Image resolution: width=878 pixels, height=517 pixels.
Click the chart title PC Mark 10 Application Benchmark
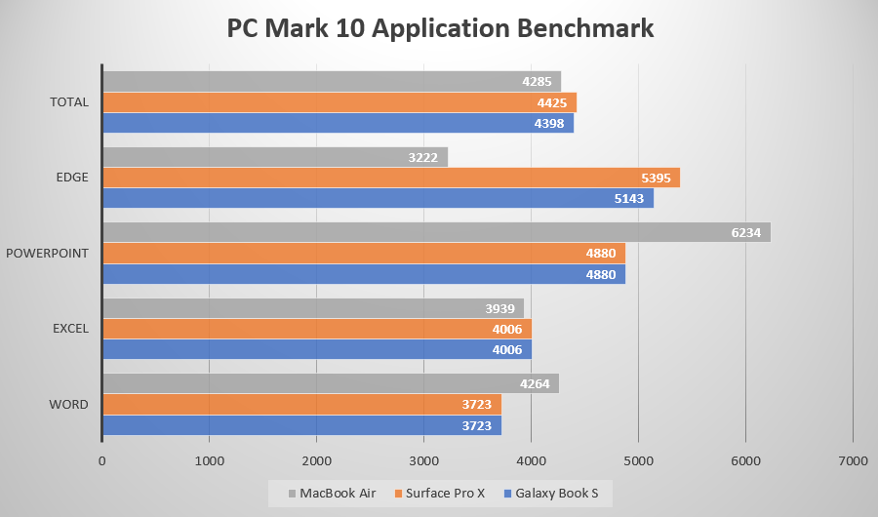[x=440, y=28]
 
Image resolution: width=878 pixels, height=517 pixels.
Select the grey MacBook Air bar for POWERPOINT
[x=436, y=232]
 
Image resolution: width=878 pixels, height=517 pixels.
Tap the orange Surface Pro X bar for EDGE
[x=391, y=178]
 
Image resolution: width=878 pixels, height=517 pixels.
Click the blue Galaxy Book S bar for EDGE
[x=378, y=198]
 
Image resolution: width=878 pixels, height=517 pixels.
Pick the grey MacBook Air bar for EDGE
[x=275, y=157]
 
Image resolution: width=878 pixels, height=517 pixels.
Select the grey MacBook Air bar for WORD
[x=331, y=383]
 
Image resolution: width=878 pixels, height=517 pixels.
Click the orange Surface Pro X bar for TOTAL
[x=339, y=102]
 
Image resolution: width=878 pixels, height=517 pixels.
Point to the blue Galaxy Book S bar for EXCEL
[x=317, y=349]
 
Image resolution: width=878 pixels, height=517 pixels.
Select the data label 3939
[x=500, y=308]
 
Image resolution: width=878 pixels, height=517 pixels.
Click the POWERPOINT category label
[x=47, y=254]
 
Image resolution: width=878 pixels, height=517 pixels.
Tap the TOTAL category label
[x=68, y=102]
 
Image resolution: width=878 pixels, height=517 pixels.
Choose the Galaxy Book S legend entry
[x=553, y=494]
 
